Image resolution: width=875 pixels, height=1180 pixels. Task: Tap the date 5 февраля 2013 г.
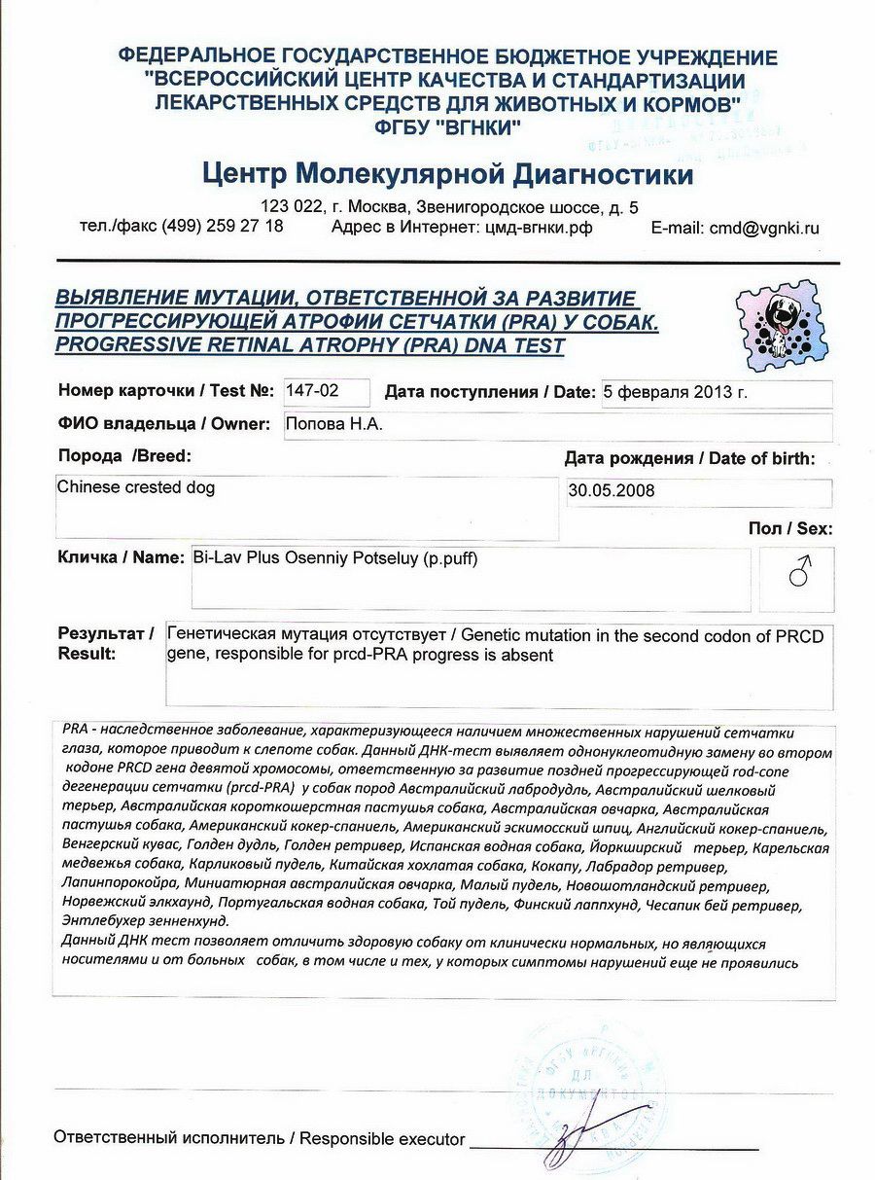click(x=676, y=392)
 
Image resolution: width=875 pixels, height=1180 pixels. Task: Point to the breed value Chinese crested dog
click(x=136, y=486)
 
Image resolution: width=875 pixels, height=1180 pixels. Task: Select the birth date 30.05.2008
click(x=612, y=491)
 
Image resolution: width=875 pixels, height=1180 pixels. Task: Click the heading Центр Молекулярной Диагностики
click(x=448, y=175)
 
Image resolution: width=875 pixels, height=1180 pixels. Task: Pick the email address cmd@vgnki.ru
click(x=764, y=229)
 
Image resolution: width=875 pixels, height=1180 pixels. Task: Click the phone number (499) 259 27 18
click(x=223, y=226)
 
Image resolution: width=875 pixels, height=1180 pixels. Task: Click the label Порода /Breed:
click(x=124, y=455)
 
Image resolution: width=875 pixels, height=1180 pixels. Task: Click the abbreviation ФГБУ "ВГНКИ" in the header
click(x=448, y=126)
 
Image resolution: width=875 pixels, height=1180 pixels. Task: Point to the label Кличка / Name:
click(x=121, y=557)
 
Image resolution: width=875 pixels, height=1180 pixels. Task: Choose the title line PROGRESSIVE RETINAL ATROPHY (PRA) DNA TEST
click(x=309, y=344)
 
